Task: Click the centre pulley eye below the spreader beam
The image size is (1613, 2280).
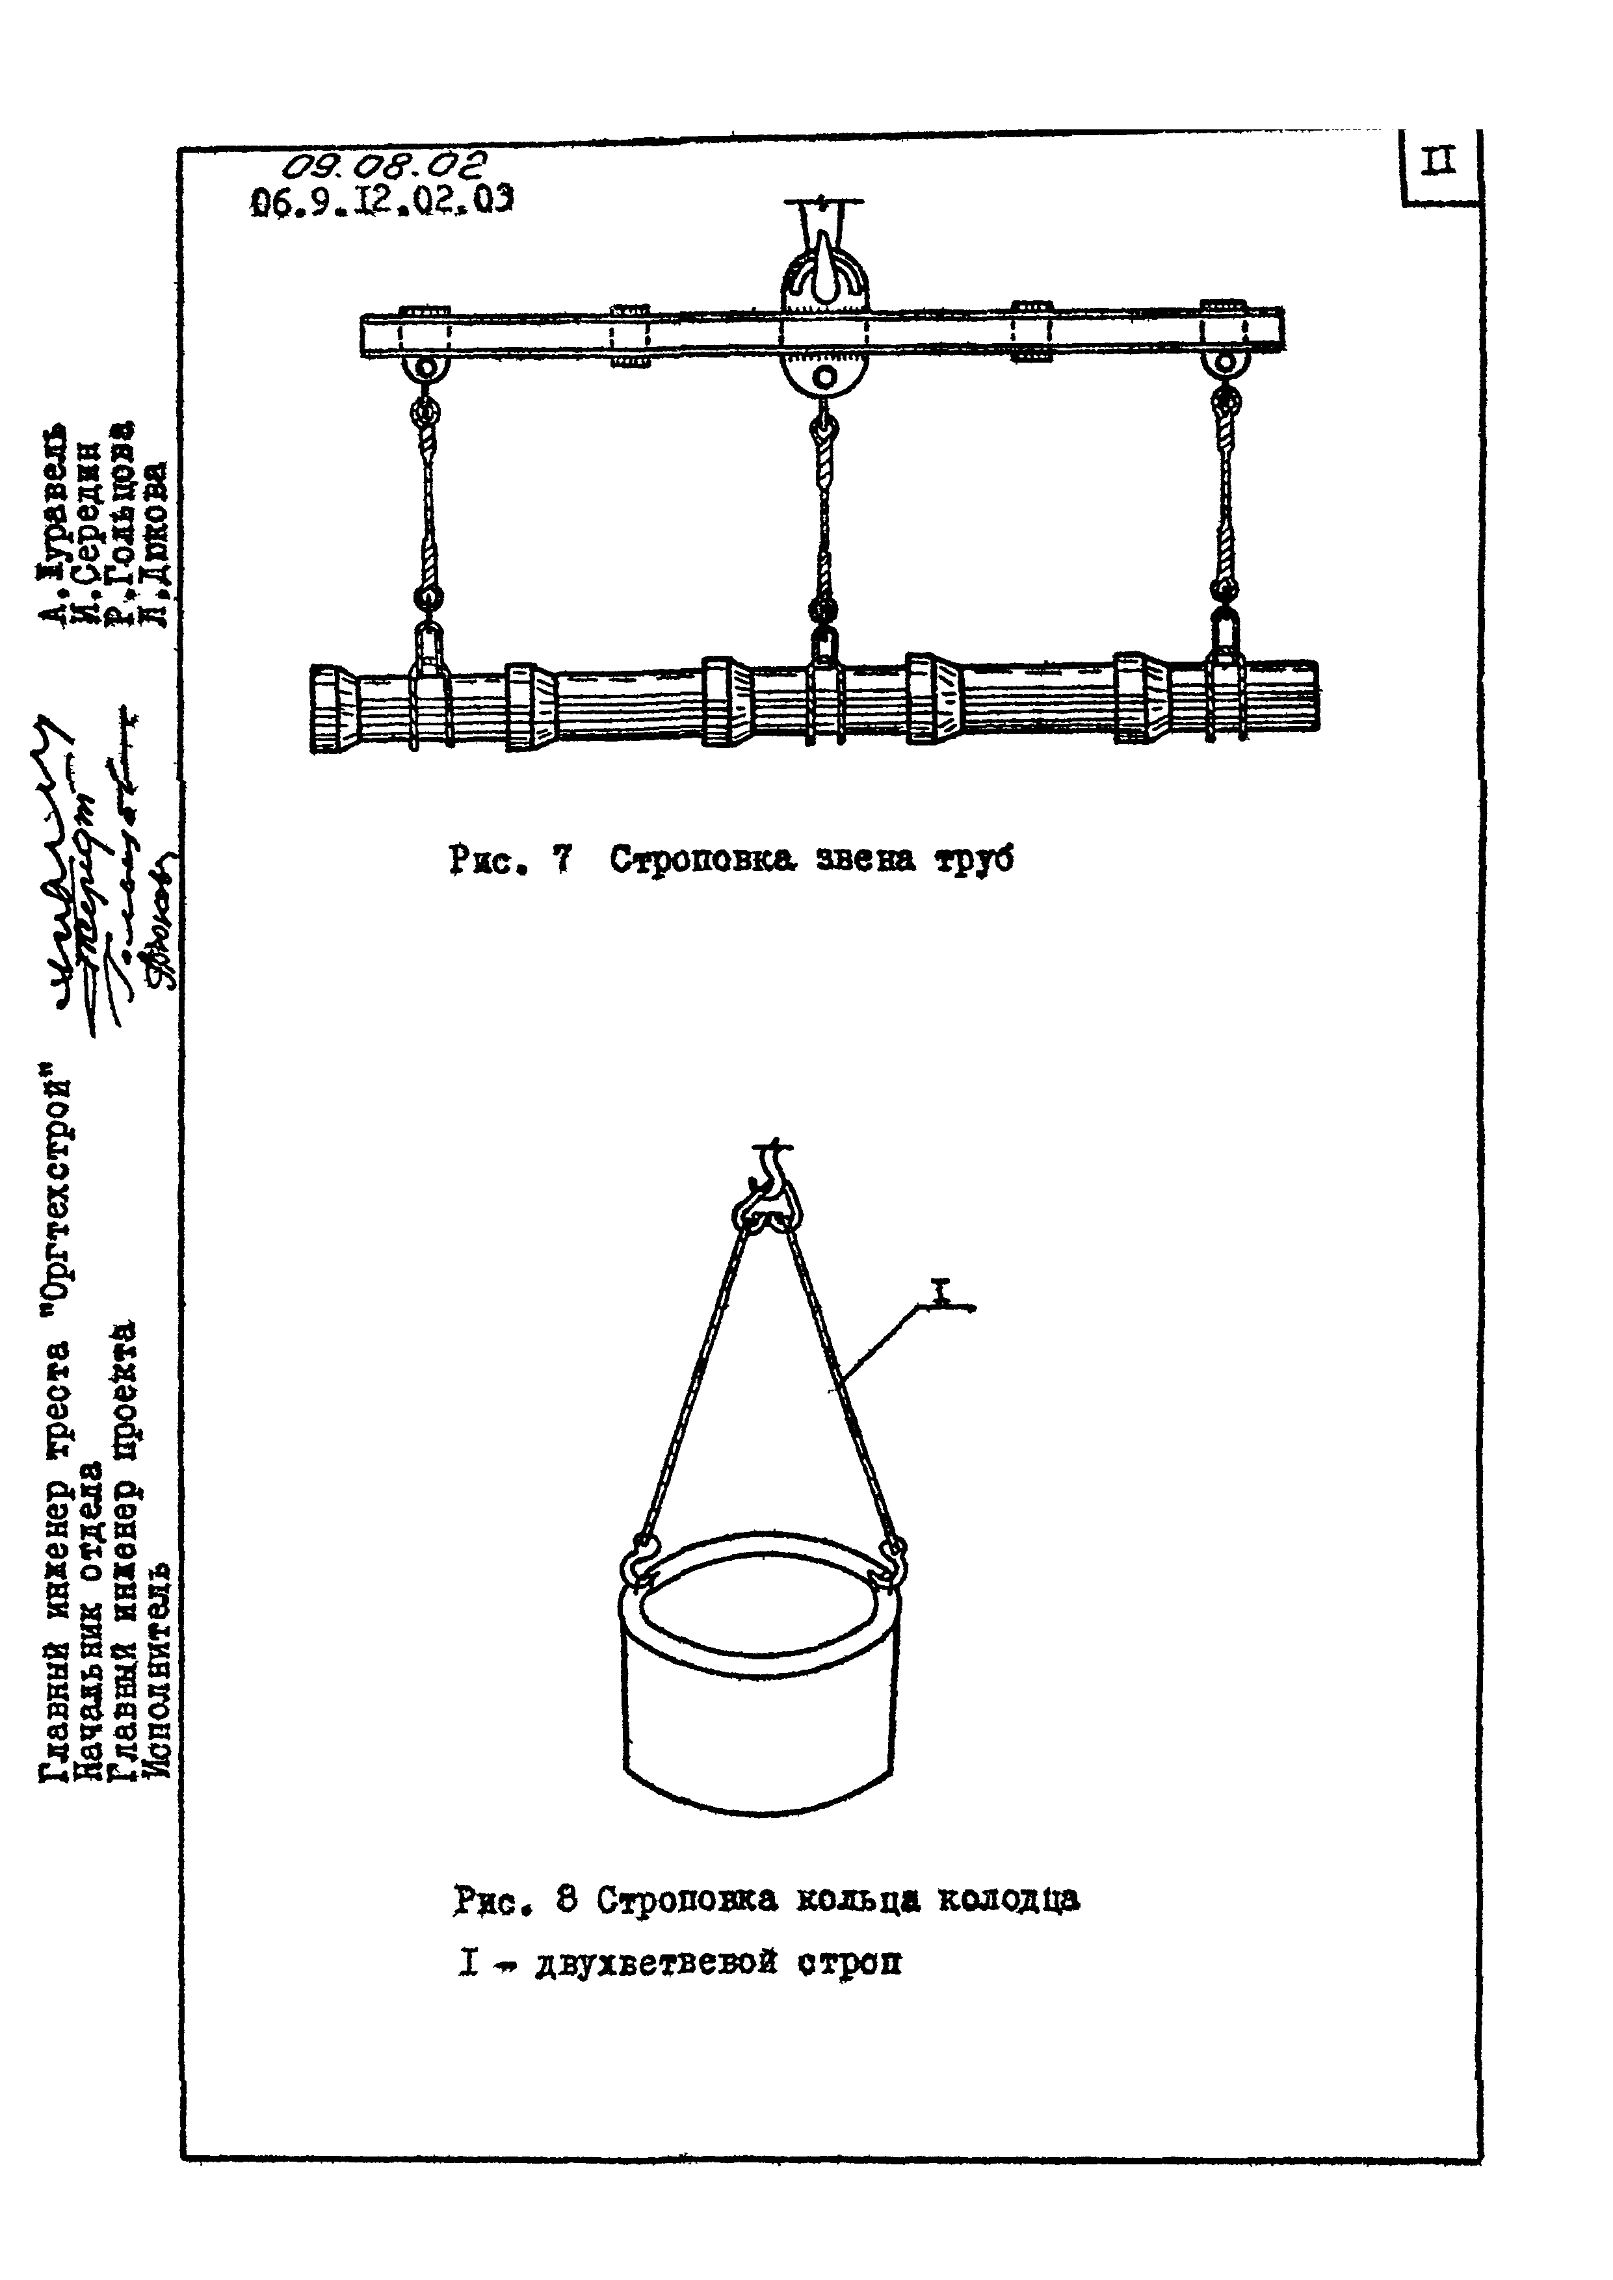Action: (823, 378)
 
